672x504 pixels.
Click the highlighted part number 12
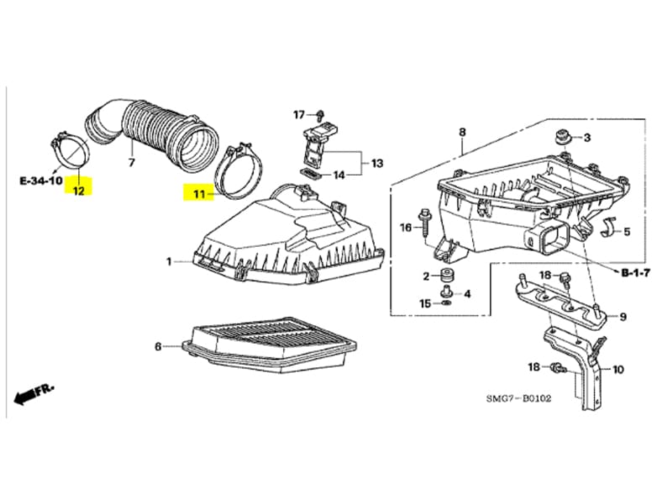tap(78, 190)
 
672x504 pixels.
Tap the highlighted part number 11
tap(198, 194)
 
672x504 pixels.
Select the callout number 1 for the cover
tap(170, 262)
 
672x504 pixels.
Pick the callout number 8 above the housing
tap(461, 132)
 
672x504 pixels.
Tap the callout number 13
tap(375, 162)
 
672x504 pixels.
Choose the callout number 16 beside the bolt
tap(406, 228)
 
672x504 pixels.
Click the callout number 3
tap(587, 138)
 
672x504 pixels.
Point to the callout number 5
tap(626, 230)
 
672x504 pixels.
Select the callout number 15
tap(425, 303)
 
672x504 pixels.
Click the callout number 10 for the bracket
tap(619, 368)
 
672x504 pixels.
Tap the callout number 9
tap(622, 317)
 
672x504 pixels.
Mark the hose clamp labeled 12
tap(72, 151)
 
